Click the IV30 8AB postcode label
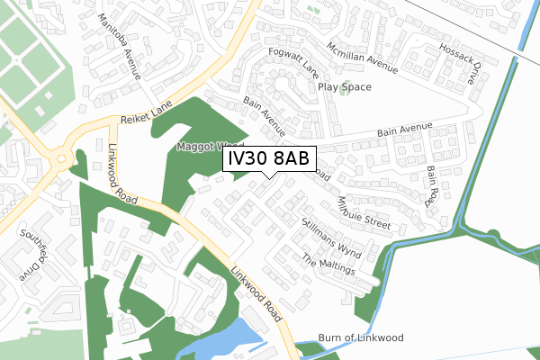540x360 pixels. point(269,159)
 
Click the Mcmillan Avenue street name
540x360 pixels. point(362,58)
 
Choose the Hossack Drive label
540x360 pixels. point(459,62)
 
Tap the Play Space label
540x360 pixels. point(344,87)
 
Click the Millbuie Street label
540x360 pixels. point(364,212)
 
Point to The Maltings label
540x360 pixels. point(328,265)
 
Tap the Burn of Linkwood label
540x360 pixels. point(366,337)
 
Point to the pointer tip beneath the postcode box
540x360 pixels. point(269,175)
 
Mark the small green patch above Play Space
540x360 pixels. point(314,11)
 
